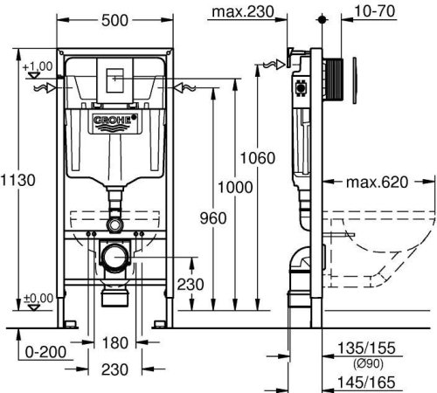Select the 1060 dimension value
tap(258, 158)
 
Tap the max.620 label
tap(378, 183)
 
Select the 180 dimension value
tap(118, 342)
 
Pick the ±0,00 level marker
tap(38, 297)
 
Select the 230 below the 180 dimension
tap(118, 369)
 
